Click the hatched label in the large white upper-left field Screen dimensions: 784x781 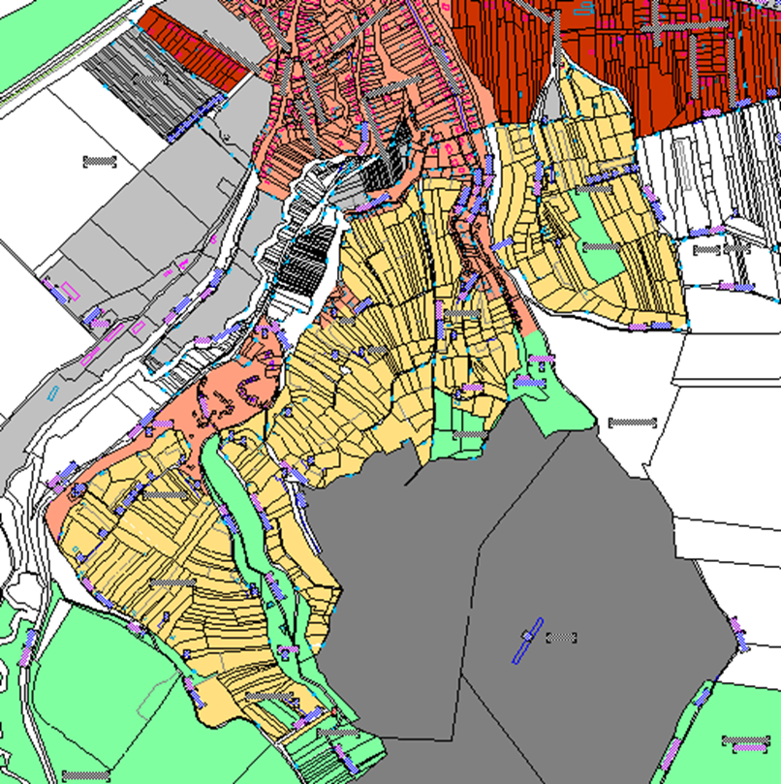99,162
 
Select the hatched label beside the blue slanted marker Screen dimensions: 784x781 561,637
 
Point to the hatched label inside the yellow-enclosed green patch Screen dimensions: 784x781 601,247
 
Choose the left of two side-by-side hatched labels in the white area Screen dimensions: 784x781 706,250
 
